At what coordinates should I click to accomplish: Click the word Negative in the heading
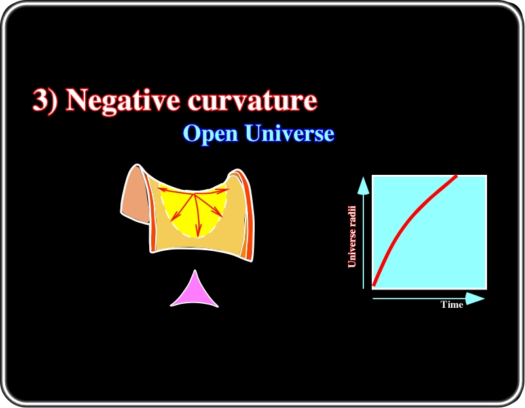[x=123, y=100]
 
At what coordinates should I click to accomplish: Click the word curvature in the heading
[x=252, y=100]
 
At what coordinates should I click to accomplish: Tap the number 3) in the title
[x=45, y=100]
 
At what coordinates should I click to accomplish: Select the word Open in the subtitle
[x=211, y=134]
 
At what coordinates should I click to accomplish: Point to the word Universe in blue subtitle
[x=289, y=133]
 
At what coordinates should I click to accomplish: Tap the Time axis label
[x=452, y=305]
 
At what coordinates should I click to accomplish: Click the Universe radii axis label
[x=352, y=236]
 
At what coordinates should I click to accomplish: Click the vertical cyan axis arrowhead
[x=363, y=186]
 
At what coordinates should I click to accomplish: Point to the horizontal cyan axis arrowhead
[x=475, y=299]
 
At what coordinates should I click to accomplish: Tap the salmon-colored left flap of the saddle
[x=135, y=196]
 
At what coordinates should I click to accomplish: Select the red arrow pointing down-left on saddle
[x=182, y=208]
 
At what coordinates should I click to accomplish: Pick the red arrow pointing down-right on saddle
[x=209, y=205]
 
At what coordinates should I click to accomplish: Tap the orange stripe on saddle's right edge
[x=247, y=214]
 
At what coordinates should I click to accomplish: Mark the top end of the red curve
[x=456, y=176]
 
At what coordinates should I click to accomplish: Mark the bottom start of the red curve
[x=374, y=286]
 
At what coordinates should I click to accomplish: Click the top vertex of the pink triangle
[x=195, y=270]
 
